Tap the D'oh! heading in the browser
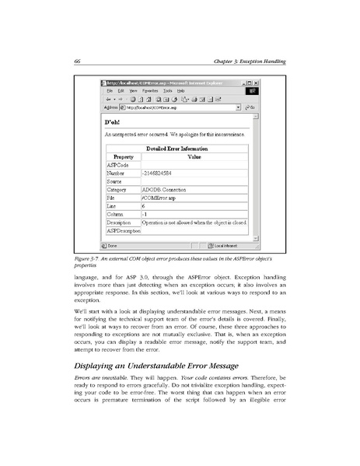click(x=112, y=121)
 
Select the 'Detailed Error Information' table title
click(x=177, y=148)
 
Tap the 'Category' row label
click(x=117, y=189)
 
